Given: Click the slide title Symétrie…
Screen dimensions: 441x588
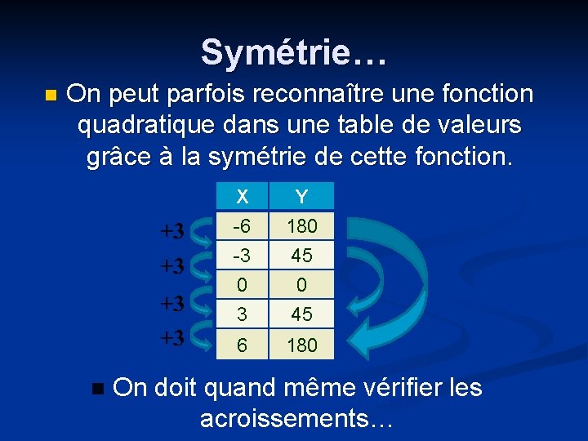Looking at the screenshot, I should coord(293,51).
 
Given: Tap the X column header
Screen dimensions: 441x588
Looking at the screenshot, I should coord(243,196).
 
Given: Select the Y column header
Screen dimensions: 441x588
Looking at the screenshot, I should coord(301,196).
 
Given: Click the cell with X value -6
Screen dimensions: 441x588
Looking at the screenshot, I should coord(243,225).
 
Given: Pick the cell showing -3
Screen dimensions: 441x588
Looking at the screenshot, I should coord(243,255).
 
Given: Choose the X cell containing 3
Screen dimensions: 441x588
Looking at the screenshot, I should coord(243,314).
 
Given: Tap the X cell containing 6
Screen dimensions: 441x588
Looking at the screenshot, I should coord(243,345).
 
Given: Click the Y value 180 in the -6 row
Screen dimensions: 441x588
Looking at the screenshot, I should coord(301,225).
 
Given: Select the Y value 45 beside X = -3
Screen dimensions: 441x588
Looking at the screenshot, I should coord(301,255).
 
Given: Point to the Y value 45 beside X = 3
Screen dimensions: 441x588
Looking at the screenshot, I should coord(301,314).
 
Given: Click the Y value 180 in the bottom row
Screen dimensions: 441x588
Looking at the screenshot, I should coord(301,345).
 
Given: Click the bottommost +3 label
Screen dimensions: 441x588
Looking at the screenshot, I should coord(171,336).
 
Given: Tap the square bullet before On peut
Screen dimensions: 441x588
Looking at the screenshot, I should coord(51,96).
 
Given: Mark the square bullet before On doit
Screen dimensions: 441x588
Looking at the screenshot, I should coord(99,389).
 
